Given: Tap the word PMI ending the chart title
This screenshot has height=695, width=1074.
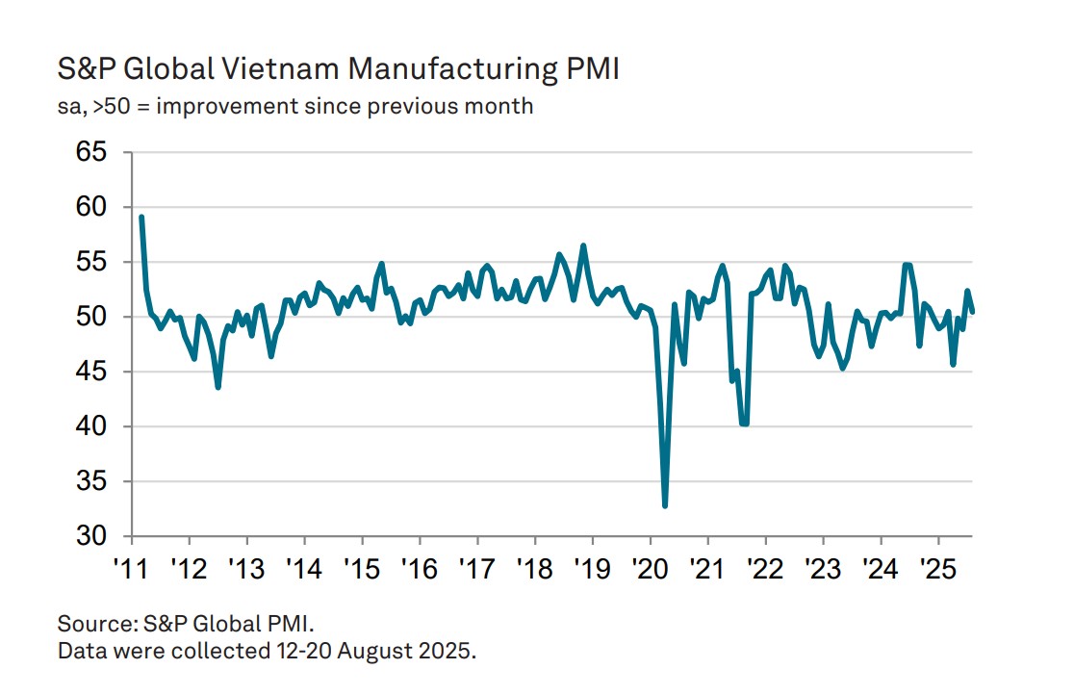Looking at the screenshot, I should (x=596, y=70).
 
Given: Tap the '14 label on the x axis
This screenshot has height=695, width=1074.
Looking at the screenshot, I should (x=303, y=564).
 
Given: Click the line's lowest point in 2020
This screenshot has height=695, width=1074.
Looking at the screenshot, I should (x=665, y=505).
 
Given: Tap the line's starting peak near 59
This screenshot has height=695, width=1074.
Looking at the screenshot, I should (x=141, y=218).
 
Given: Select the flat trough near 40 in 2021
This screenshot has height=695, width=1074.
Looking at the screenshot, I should (x=744, y=424).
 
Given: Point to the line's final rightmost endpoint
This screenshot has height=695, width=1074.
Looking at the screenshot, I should (x=972, y=311).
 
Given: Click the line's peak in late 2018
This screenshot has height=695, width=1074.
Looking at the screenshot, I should (x=583, y=245).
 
